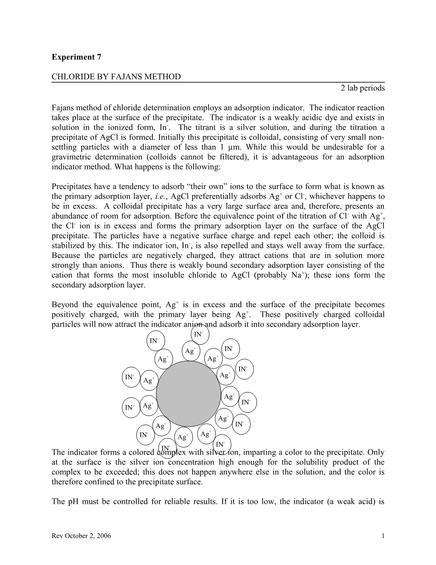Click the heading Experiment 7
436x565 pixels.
pyautogui.click(x=77, y=57)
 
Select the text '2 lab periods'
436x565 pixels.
pyautogui.click(x=363, y=88)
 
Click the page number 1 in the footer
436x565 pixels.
pyautogui.click(x=383, y=536)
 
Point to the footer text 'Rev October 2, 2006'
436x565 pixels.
pyautogui.click(x=81, y=536)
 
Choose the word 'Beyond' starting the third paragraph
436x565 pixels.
pyautogui.click(x=64, y=305)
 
